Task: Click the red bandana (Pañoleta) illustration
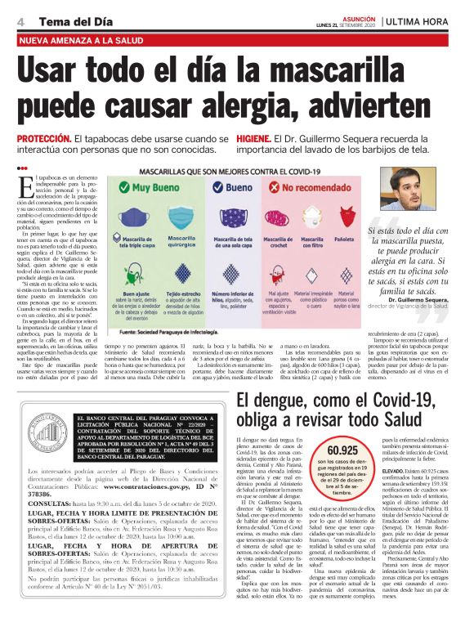[343, 222]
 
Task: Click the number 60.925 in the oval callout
[320, 450]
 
